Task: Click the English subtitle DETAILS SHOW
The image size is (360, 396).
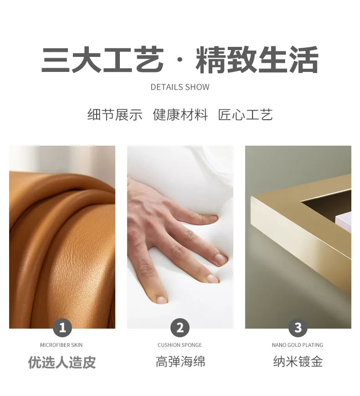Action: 180,87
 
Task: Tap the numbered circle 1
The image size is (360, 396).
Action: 62,328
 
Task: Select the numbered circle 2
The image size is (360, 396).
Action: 180,328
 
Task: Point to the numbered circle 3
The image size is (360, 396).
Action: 298,328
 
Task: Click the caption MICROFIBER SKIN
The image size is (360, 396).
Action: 62,345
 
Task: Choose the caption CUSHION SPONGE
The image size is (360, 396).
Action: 180,345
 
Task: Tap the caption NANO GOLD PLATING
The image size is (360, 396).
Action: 298,345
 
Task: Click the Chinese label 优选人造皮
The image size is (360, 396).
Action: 62,362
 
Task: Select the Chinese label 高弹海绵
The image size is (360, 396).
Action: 180,362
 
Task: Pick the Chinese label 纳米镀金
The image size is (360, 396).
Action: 298,362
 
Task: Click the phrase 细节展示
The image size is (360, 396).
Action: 115,115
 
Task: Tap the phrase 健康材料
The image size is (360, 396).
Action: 180,115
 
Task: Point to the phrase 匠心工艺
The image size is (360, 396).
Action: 245,115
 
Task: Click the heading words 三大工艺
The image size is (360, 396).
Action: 103,60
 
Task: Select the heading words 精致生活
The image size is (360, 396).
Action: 257,60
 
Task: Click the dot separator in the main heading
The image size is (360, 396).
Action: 180,60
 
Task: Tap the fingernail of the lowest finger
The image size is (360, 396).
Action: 161,300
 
